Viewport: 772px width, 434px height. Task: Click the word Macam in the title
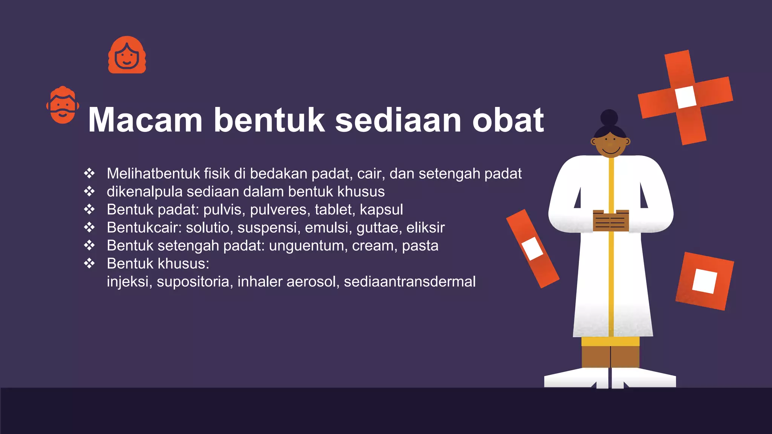pos(146,120)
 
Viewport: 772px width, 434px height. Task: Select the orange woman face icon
pos(127,55)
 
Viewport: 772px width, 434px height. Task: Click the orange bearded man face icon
pos(63,105)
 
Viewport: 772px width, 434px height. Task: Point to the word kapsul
pos(381,209)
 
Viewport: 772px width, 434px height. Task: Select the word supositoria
pos(193,282)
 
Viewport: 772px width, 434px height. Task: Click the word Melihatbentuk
pos(153,174)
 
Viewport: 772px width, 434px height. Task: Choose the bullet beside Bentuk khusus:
pos(89,263)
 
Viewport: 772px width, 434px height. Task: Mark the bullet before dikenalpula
pos(89,191)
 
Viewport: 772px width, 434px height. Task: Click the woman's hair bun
pos(609,117)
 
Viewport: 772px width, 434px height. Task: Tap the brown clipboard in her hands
pos(611,220)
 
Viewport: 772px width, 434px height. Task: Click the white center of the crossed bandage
pos(686,97)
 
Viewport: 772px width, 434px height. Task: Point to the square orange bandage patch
pos(704,281)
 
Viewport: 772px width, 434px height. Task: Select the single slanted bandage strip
pos(532,249)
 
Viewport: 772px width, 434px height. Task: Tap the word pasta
pos(420,246)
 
